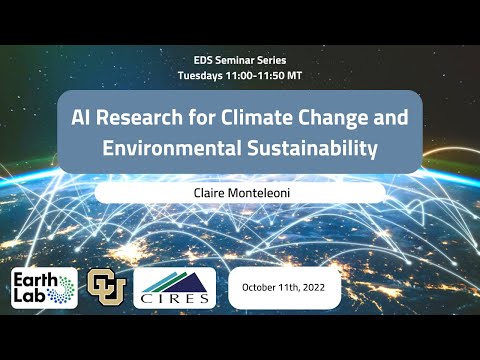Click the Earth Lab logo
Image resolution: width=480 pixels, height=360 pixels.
[44, 289]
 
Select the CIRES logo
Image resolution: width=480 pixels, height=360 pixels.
[174, 289]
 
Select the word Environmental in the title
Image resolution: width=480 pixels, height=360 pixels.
[170, 149]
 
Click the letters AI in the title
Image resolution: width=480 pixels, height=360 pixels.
[81, 116]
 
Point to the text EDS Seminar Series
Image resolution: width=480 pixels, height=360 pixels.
[240, 60]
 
